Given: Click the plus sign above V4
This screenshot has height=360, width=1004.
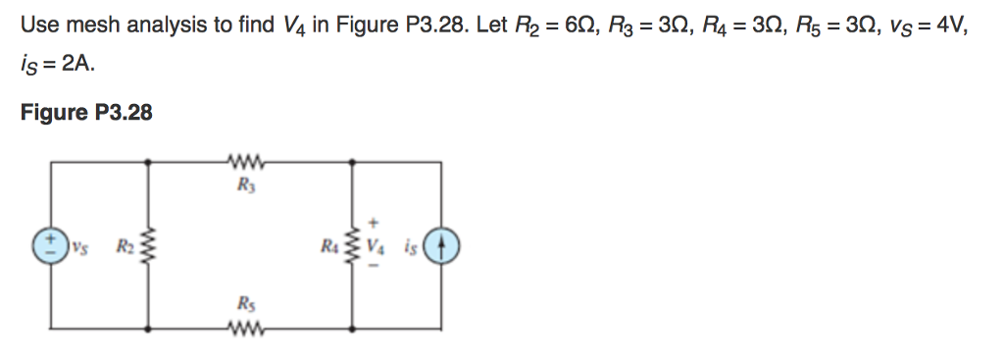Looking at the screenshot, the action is click(375, 222).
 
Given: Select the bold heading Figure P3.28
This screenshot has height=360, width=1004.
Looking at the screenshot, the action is click(86, 113).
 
